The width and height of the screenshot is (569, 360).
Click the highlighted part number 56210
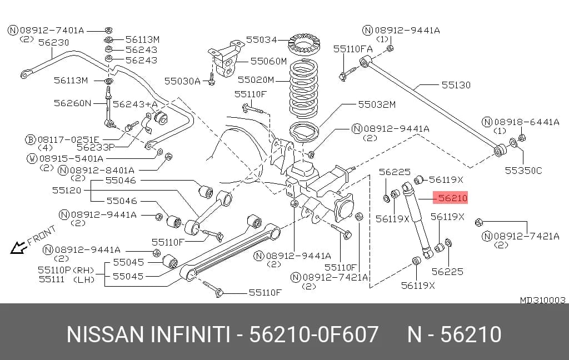click(x=452, y=198)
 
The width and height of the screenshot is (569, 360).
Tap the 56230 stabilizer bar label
click(x=54, y=42)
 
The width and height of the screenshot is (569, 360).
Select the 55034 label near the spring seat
click(x=261, y=39)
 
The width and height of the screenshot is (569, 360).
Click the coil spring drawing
click(x=304, y=88)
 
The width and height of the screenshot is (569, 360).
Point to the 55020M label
click(x=256, y=80)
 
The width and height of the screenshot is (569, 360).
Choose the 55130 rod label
click(x=456, y=85)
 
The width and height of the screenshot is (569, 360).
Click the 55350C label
click(x=523, y=171)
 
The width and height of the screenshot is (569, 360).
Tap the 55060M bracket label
click(x=268, y=61)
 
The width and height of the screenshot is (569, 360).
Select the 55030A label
click(x=182, y=81)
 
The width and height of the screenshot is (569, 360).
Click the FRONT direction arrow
click(x=19, y=248)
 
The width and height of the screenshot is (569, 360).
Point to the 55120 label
click(x=67, y=190)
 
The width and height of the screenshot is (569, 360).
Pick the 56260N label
click(x=73, y=103)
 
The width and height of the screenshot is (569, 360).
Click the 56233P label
click(x=96, y=147)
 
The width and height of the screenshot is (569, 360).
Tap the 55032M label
click(x=377, y=104)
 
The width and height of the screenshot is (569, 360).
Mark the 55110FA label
click(x=353, y=49)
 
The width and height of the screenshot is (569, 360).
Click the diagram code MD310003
click(x=542, y=300)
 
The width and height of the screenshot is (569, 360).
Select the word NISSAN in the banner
click(x=105, y=334)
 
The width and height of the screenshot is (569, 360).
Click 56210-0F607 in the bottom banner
click(x=314, y=334)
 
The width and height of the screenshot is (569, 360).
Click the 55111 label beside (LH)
click(x=52, y=279)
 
